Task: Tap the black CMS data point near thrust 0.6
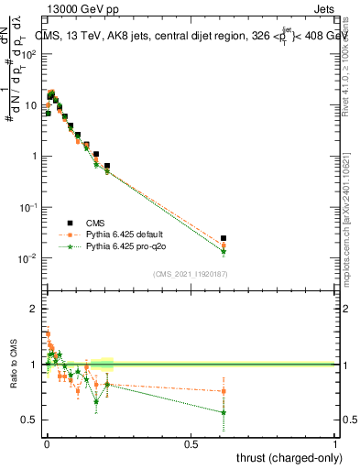click(x=224, y=238)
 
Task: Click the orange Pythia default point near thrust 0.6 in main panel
click(x=224, y=245)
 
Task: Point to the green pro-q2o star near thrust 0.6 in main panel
click(x=224, y=251)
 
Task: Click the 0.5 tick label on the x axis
click(x=191, y=444)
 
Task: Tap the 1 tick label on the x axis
click(x=335, y=444)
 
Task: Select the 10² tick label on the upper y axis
click(x=27, y=53)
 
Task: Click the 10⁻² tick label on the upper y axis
click(x=27, y=258)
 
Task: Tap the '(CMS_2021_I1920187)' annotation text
click(x=191, y=274)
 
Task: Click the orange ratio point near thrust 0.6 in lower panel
click(x=224, y=391)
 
